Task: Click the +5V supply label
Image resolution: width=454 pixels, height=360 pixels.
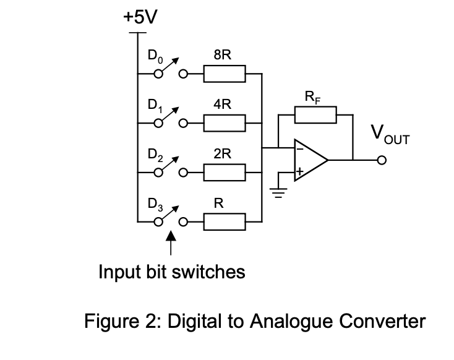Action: [x=140, y=17]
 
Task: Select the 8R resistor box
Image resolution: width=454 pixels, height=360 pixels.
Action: [x=225, y=74]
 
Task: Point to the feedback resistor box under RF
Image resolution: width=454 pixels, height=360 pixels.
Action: [x=315, y=114]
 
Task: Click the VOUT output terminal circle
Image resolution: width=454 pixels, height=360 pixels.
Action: [x=382, y=160]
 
